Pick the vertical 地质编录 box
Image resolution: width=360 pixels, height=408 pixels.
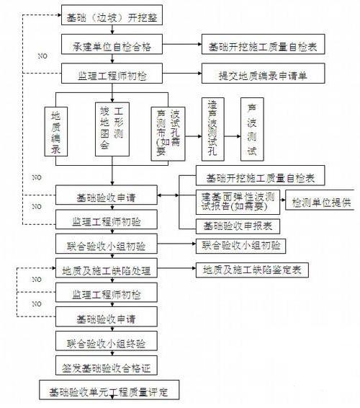point(56,133)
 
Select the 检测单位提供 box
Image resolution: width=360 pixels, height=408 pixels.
point(320,203)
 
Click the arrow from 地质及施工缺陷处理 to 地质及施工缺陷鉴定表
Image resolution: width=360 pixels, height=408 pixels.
point(179,271)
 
